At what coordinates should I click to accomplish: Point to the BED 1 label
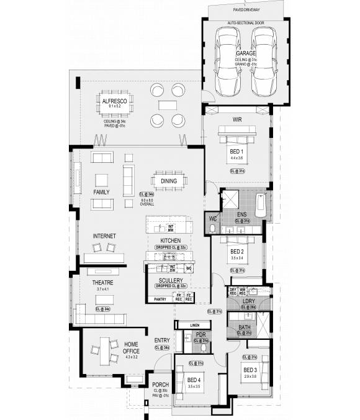(237, 151)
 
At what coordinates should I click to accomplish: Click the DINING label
(169, 181)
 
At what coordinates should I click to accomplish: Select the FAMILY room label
(102, 193)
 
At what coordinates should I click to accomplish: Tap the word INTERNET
(104, 236)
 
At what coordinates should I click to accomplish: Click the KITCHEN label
(170, 240)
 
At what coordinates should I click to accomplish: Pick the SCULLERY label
(170, 281)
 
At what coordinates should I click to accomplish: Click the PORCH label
(160, 385)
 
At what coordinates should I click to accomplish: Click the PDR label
(200, 335)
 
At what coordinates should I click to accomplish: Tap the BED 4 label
(194, 380)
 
